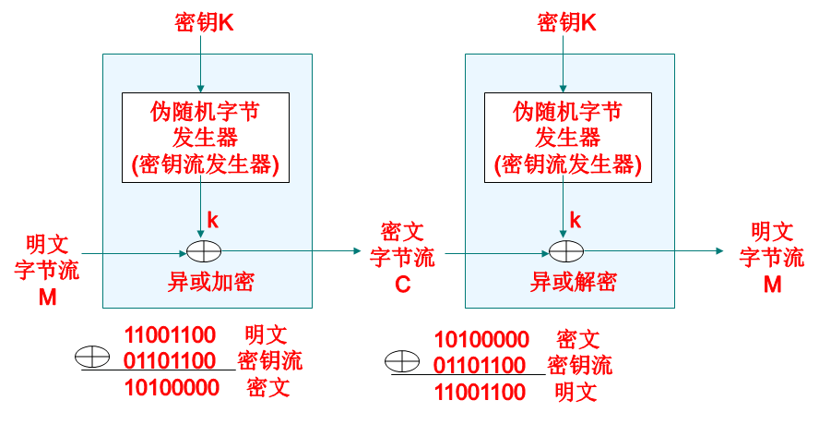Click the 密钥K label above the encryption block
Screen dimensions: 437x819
point(204,21)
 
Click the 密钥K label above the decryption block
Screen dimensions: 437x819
point(566,21)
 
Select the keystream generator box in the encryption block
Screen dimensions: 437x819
point(206,138)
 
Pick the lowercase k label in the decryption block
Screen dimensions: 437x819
point(576,219)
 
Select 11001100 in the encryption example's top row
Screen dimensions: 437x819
point(170,334)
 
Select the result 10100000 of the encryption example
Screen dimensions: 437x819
point(172,387)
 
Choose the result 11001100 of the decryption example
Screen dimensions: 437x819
point(480,392)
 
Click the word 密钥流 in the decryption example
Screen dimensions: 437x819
point(579,365)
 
